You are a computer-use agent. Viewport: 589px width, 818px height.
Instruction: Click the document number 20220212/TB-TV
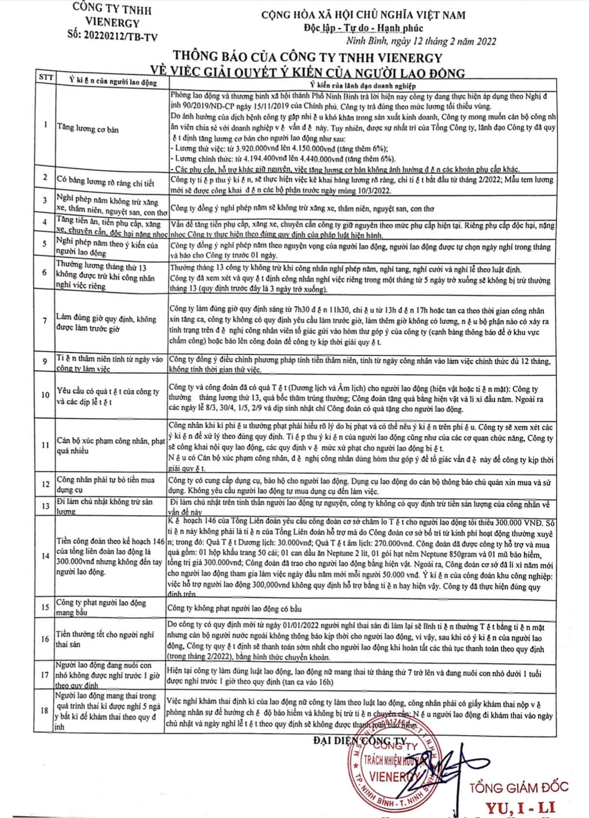click(113, 35)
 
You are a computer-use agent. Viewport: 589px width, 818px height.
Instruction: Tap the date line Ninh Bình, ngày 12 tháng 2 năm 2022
click(421, 41)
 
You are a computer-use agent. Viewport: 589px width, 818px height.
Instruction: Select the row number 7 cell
click(45, 320)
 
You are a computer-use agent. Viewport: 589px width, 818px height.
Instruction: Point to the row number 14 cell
click(45, 556)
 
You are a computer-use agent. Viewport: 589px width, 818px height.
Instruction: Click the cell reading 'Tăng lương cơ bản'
click(88, 129)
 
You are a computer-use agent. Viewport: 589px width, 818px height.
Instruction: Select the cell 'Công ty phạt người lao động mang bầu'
click(101, 607)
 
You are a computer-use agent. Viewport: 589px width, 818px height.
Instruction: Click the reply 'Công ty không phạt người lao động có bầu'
click(235, 608)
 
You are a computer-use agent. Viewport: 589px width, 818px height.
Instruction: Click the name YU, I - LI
click(520, 807)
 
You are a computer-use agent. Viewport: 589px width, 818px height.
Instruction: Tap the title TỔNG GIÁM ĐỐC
click(519, 787)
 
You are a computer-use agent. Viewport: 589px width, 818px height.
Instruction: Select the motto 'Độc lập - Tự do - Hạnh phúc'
click(364, 28)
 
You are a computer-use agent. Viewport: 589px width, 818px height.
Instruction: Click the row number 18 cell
click(45, 710)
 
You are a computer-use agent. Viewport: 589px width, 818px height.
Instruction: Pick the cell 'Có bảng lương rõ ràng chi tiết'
click(105, 182)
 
